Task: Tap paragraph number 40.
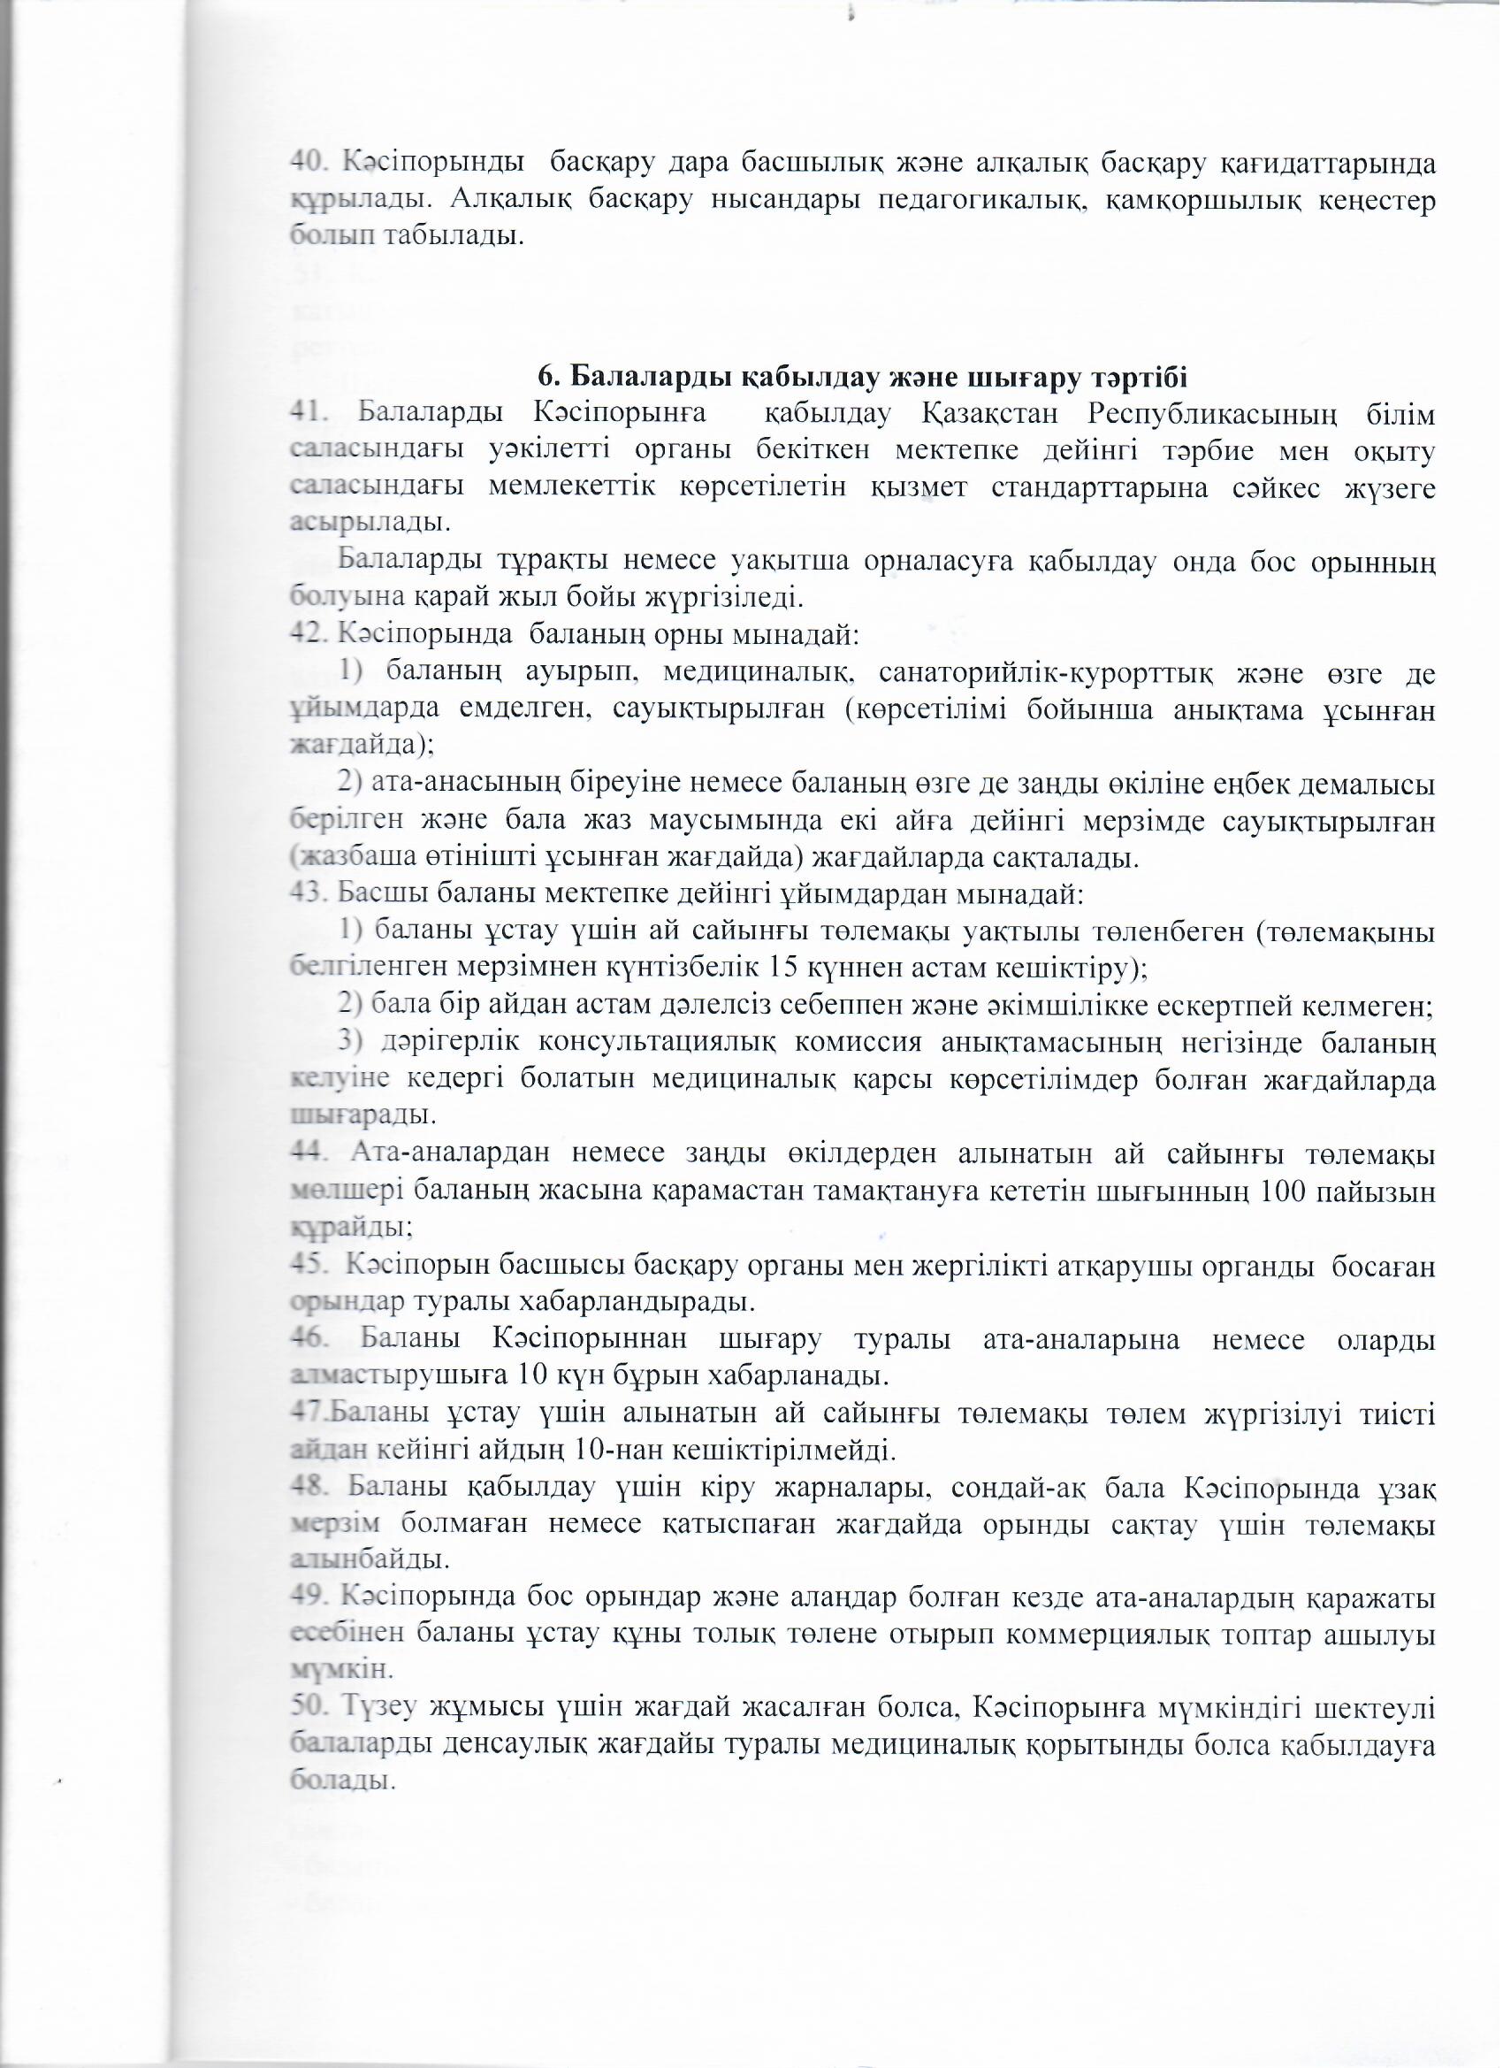(x=311, y=165)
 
